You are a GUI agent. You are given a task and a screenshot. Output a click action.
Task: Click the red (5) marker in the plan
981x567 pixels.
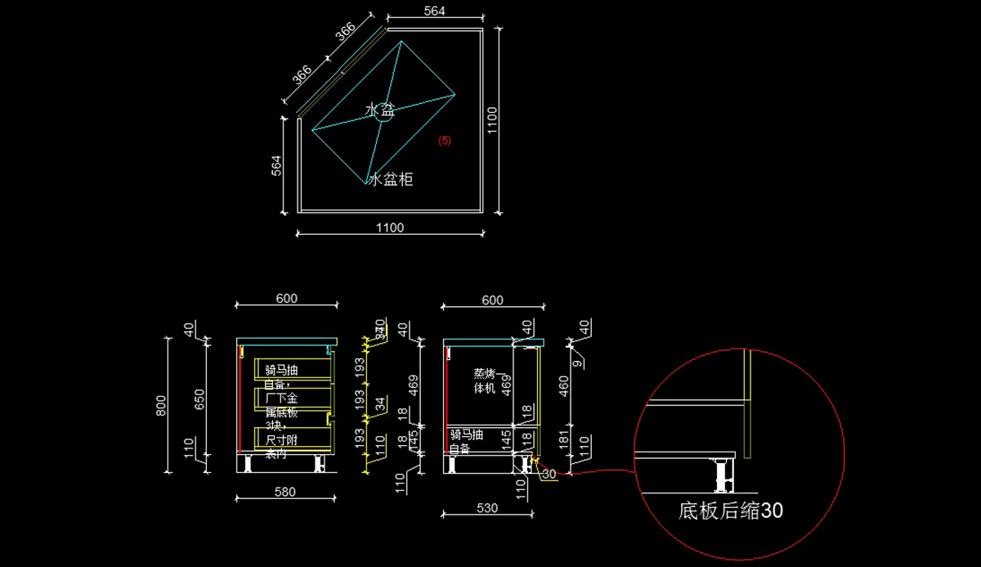coord(444,141)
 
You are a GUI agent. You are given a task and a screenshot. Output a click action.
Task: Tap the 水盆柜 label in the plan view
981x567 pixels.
coord(391,179)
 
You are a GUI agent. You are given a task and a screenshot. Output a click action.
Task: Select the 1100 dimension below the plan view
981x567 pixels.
coord(390,227)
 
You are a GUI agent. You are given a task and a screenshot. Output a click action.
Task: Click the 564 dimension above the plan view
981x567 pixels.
coord(435,11)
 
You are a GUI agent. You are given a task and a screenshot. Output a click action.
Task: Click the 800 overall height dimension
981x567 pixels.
coord(161,403)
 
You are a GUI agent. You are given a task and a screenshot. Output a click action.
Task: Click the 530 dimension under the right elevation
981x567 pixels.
coord(487,508)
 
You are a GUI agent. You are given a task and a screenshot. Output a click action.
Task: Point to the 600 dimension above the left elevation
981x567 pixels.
coord(286,299)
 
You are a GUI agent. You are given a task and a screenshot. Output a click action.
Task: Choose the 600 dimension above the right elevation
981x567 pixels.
coord(492,300)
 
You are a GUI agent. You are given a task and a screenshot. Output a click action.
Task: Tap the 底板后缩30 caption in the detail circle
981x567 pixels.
coord(730,511)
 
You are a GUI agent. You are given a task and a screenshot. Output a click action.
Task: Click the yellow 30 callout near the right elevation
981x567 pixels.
coord(549,474)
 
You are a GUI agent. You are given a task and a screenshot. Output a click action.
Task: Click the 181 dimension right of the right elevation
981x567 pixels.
coord(563,439)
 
